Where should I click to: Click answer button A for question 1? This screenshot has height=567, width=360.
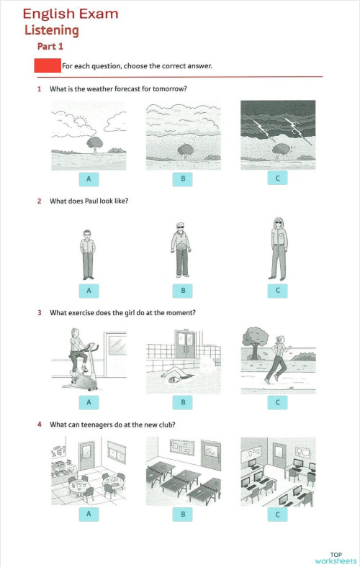pos(89,179)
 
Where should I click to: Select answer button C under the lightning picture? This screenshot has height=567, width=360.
pos(277,178)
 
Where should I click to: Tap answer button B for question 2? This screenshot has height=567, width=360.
pos(183,291)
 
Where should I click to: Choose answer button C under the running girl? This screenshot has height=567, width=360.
pos(277,402)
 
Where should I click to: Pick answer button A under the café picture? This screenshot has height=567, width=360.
pos(89,514)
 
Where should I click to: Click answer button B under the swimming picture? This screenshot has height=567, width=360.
pos(183,402)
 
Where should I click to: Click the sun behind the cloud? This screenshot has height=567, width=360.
pos(81,120)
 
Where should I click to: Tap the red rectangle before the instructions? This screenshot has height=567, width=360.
pos(48,65)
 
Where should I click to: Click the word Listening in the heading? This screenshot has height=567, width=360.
pos(51,30)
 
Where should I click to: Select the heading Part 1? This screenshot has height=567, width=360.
pos(50,46)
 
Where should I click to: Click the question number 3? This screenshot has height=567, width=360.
pos(40,313)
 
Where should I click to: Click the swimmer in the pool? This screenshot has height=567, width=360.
pos(179,376)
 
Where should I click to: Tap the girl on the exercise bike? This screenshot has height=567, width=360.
pos(78,351)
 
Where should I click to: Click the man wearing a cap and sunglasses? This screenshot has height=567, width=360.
pos(181,250)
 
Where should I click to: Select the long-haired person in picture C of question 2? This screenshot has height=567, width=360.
pos(279,249)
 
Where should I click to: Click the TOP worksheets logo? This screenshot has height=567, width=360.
pos(336,558)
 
